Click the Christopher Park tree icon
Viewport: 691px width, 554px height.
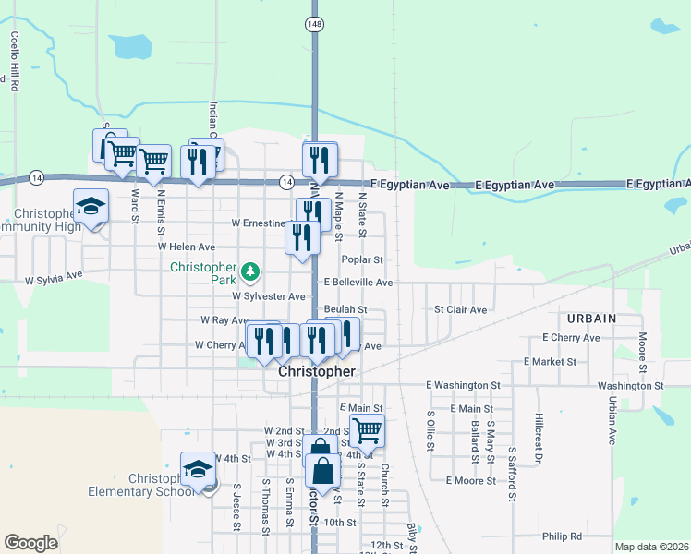250,271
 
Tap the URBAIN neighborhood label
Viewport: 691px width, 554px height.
591,319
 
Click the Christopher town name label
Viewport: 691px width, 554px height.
317,370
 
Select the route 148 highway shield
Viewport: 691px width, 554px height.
316,23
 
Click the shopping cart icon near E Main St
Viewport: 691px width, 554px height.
368,429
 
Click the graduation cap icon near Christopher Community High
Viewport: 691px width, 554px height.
91,205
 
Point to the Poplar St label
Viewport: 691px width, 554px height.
361,261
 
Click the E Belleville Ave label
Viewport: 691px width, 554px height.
358,283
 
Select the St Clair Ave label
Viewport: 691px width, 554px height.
460,310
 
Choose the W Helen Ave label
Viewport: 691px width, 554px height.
186,247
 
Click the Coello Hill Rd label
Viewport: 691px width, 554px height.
15,57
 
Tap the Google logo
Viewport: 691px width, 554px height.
30,543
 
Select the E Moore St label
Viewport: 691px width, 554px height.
471,481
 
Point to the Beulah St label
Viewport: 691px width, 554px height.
345,310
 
